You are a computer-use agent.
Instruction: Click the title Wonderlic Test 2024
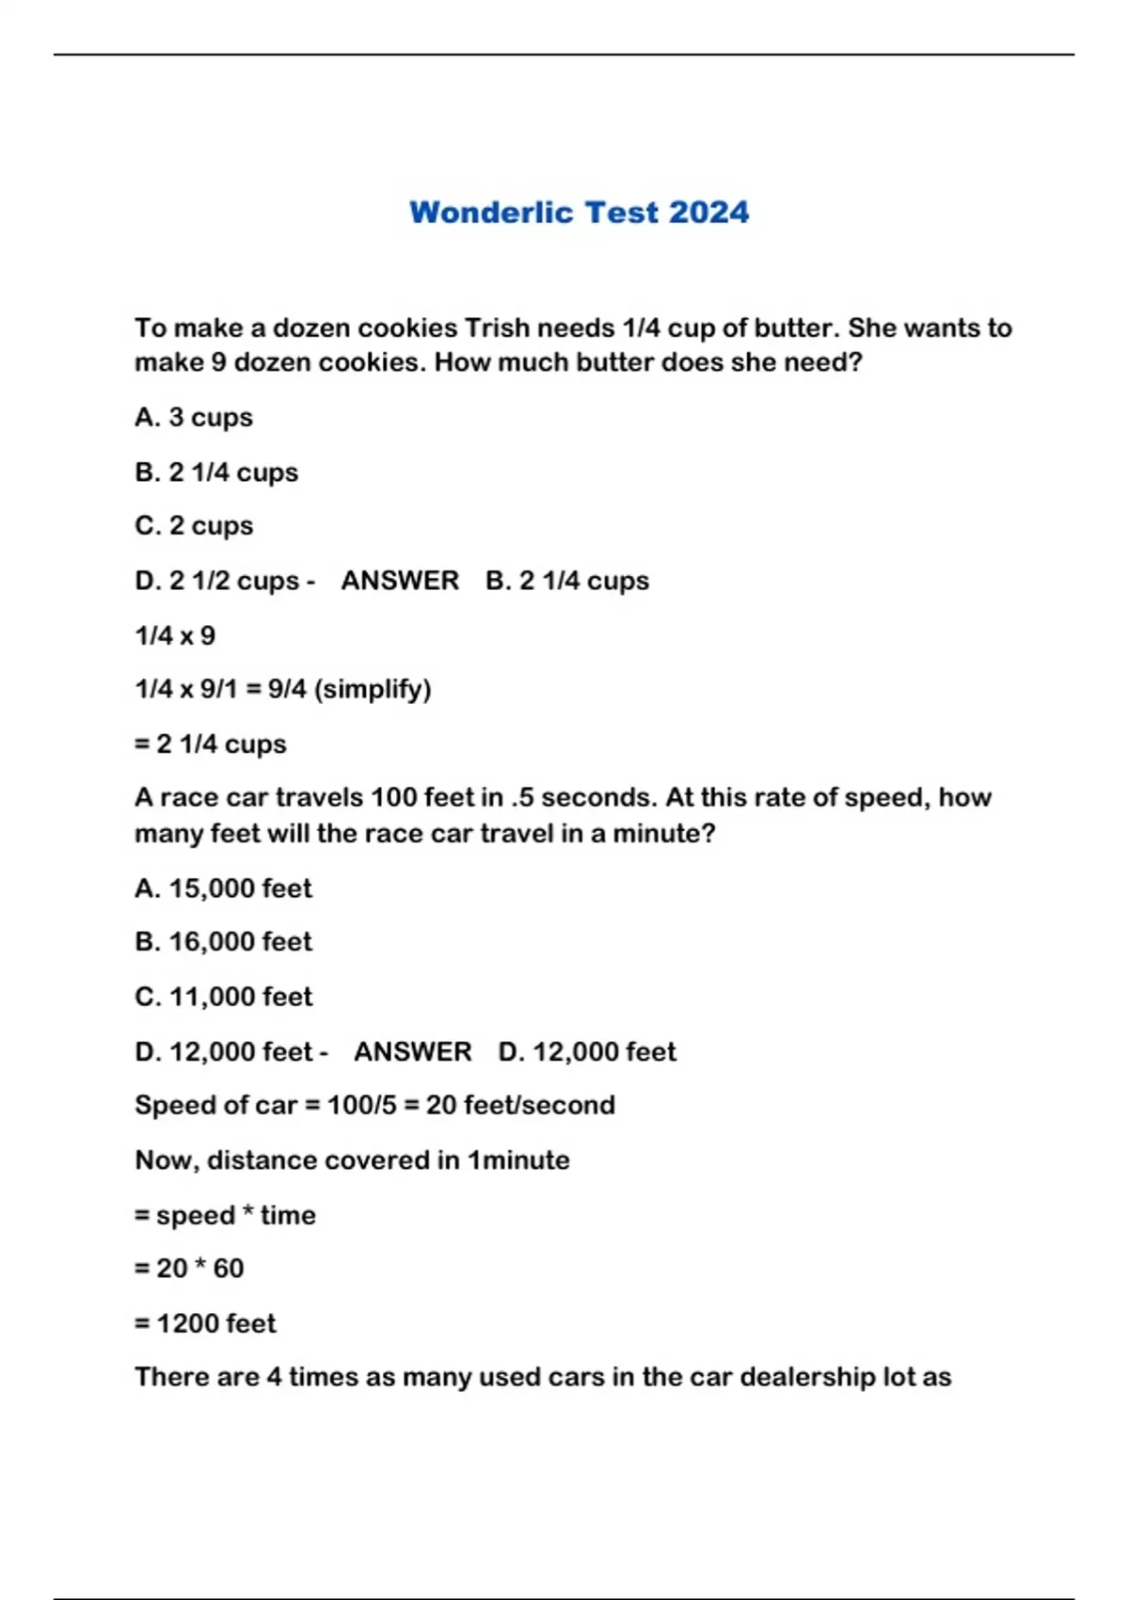tap(579, 213)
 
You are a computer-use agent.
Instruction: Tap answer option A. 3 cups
tap(194, 417)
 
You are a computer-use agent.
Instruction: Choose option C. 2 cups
tap(194, 525)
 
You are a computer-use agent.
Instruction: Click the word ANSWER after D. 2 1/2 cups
tap(400, 581)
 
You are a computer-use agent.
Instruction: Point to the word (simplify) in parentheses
tap(373, 690)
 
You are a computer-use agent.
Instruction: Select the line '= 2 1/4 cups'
tap(211, 744)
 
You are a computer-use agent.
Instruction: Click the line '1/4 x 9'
tap(175, 635)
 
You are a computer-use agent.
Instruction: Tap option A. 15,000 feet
tap(223, 888)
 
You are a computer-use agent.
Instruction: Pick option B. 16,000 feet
tap(223, 941)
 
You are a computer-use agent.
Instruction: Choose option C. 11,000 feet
tap(223, 996)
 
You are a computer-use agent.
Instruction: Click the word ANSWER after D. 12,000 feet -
tap(413, 1051)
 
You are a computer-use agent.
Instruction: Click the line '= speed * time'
tap(225, 1215)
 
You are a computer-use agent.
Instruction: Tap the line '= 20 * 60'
tap(189, 1269)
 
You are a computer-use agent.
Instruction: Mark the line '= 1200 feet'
tap(205, 1323)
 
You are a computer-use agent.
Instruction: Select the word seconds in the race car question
tap(597, 798)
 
